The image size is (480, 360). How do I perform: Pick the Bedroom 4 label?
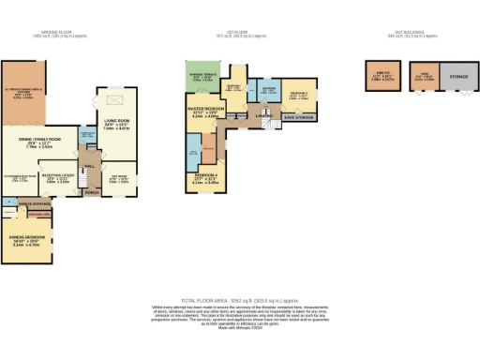click(207, 178)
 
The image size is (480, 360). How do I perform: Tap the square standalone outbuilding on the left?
click(382, 77)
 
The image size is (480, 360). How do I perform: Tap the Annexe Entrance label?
click(34, 203)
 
